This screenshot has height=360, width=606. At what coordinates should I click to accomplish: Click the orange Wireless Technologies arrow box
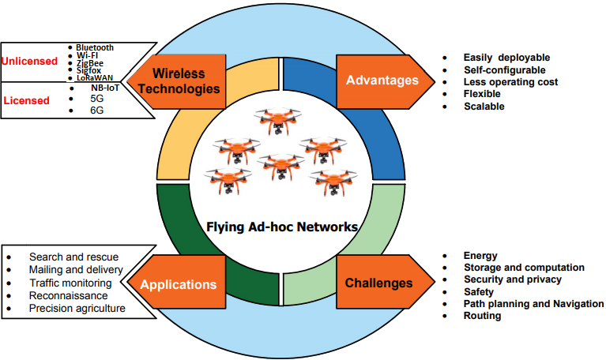(x=177, y=81)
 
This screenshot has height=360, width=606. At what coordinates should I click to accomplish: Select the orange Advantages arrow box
(x=386, y=81)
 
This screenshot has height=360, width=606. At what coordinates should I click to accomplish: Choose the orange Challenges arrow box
(x=386, y=282)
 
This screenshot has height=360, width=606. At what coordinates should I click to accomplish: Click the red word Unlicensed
(x=29, y=61)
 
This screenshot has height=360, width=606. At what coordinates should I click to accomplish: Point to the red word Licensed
(x=27, y=100)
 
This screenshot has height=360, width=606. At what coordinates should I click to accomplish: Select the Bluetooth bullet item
(x=95, y=47)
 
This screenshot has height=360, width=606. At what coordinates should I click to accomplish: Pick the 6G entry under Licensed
(x=97, y=111)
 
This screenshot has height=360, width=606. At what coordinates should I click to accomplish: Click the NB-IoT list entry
(x=105, y=88)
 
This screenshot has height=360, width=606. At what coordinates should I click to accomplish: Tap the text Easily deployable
(x=506, y=58)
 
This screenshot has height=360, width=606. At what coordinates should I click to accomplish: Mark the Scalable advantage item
(x=484, y=107)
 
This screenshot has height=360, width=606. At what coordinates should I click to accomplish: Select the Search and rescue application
(x=73, y=257)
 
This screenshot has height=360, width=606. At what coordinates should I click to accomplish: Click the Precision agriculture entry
(x=77, y=308)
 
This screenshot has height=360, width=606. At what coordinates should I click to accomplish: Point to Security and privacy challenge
(x=513, y=279)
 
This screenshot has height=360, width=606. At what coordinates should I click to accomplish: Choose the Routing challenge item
(x=482, y=316)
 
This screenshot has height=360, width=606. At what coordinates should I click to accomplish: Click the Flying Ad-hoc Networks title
(x=282, y=227)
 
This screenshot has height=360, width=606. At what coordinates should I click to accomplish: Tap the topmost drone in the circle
(x=277, y=121)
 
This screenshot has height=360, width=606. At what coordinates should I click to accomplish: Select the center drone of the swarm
(x=281, y=167)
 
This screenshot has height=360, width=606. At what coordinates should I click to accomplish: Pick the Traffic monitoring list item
(x=71, y=283)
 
